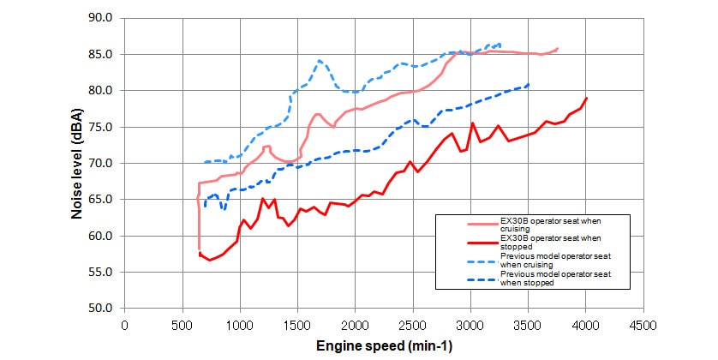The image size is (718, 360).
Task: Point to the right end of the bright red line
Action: [587, 98]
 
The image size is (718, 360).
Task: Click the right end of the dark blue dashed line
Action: [529, 84]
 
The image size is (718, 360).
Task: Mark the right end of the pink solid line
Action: [558, 49]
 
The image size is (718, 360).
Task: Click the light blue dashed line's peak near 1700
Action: [320, 61]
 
